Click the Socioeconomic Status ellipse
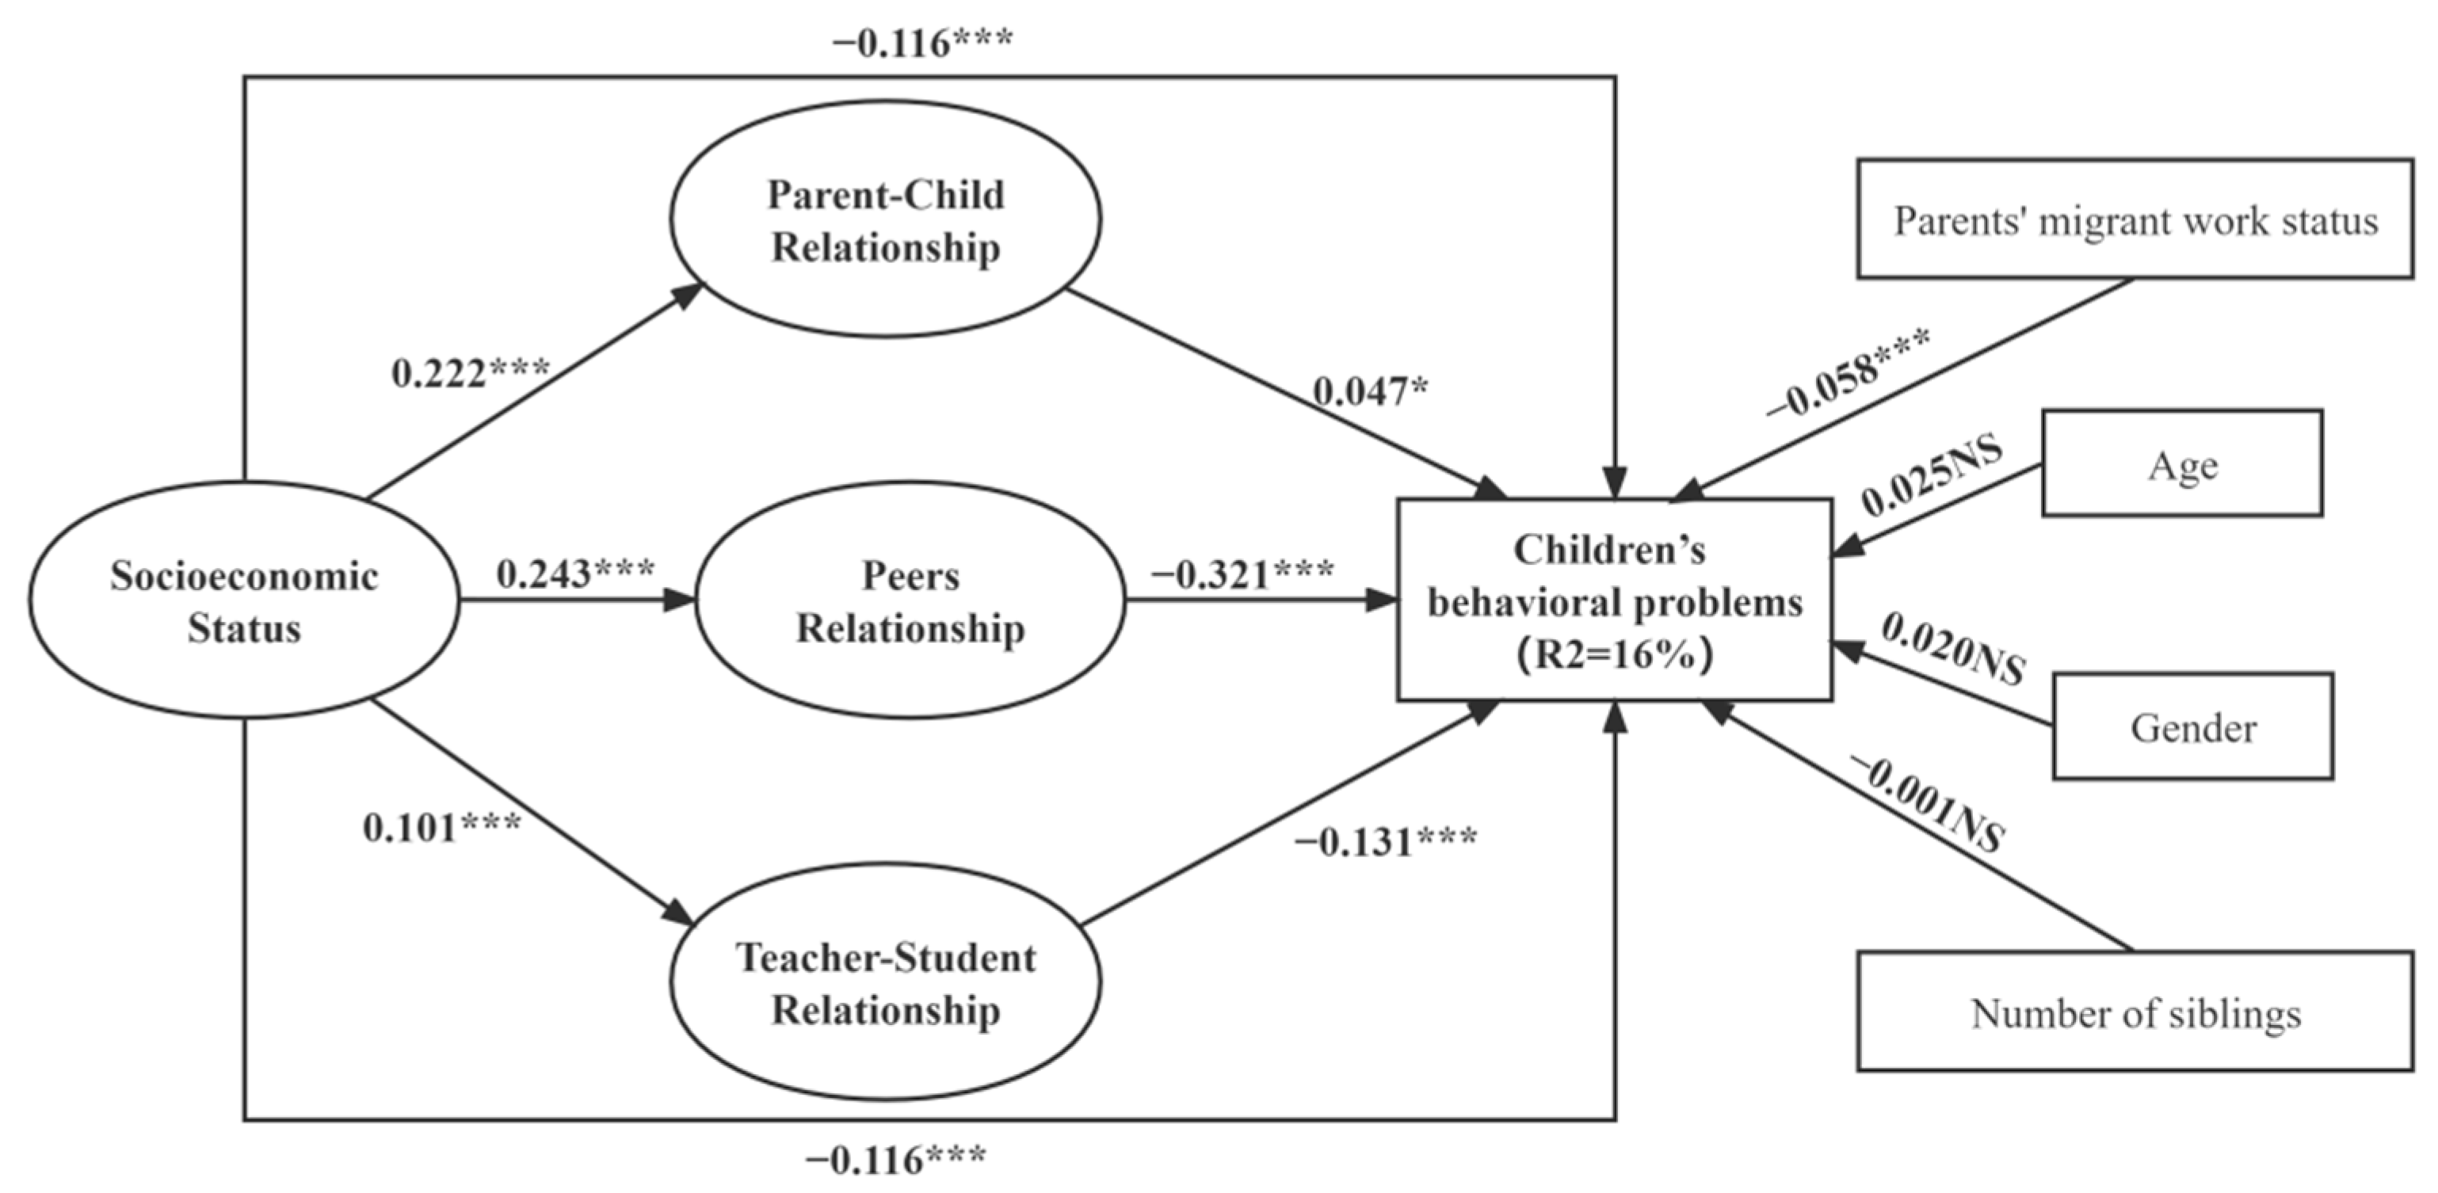tap(244, 600)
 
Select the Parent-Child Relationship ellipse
tap(886, 219)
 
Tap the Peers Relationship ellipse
tap(910, 600)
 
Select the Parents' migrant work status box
tap(2135, 219)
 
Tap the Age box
tap(2182, 463)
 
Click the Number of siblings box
tap(2135, 1012)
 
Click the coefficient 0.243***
tap(575, 573)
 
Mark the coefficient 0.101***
tap(442, 827)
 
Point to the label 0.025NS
tap(1932, 475)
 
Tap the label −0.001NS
tap(1927, 804)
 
